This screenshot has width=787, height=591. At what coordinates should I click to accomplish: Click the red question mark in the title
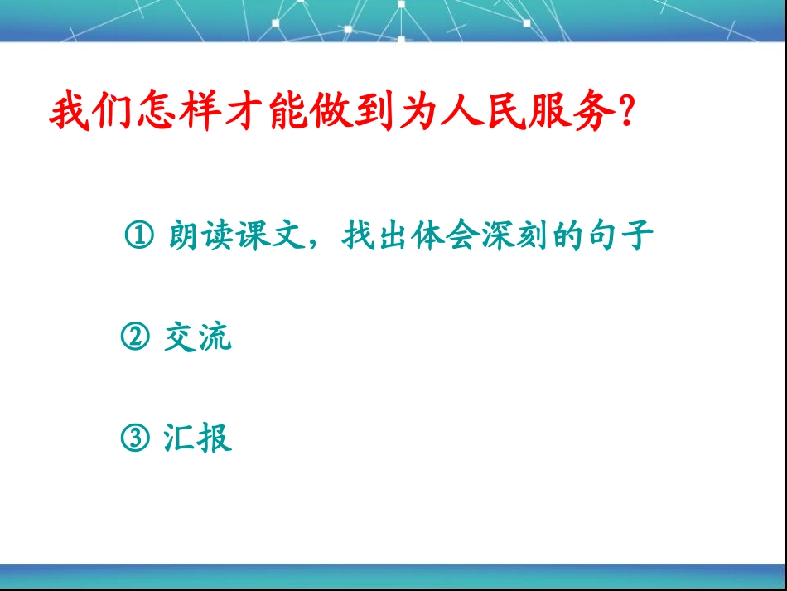[x=627, y=113]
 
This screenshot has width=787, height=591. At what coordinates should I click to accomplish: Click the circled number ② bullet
[x=135, y=337]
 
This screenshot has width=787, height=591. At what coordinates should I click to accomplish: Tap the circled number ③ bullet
[x=135, y=438]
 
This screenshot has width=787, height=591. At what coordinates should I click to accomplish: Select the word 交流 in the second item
[x=197, y=337]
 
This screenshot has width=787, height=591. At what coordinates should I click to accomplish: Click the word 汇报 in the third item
[x=197, y=438]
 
